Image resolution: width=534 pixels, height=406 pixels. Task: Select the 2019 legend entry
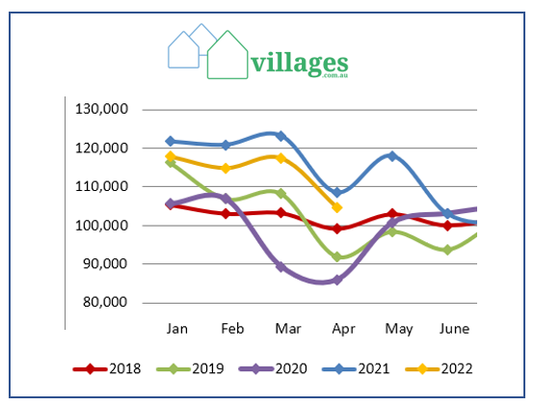192,367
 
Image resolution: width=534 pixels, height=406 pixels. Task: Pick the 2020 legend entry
273,367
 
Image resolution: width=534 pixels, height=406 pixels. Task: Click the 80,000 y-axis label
105,302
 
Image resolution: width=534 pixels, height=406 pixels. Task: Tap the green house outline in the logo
227,56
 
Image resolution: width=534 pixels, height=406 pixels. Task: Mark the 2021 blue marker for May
391,155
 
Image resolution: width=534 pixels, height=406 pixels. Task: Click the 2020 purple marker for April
336,280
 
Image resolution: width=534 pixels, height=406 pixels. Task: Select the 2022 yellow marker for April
336,207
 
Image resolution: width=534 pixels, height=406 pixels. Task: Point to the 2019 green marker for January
171,163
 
